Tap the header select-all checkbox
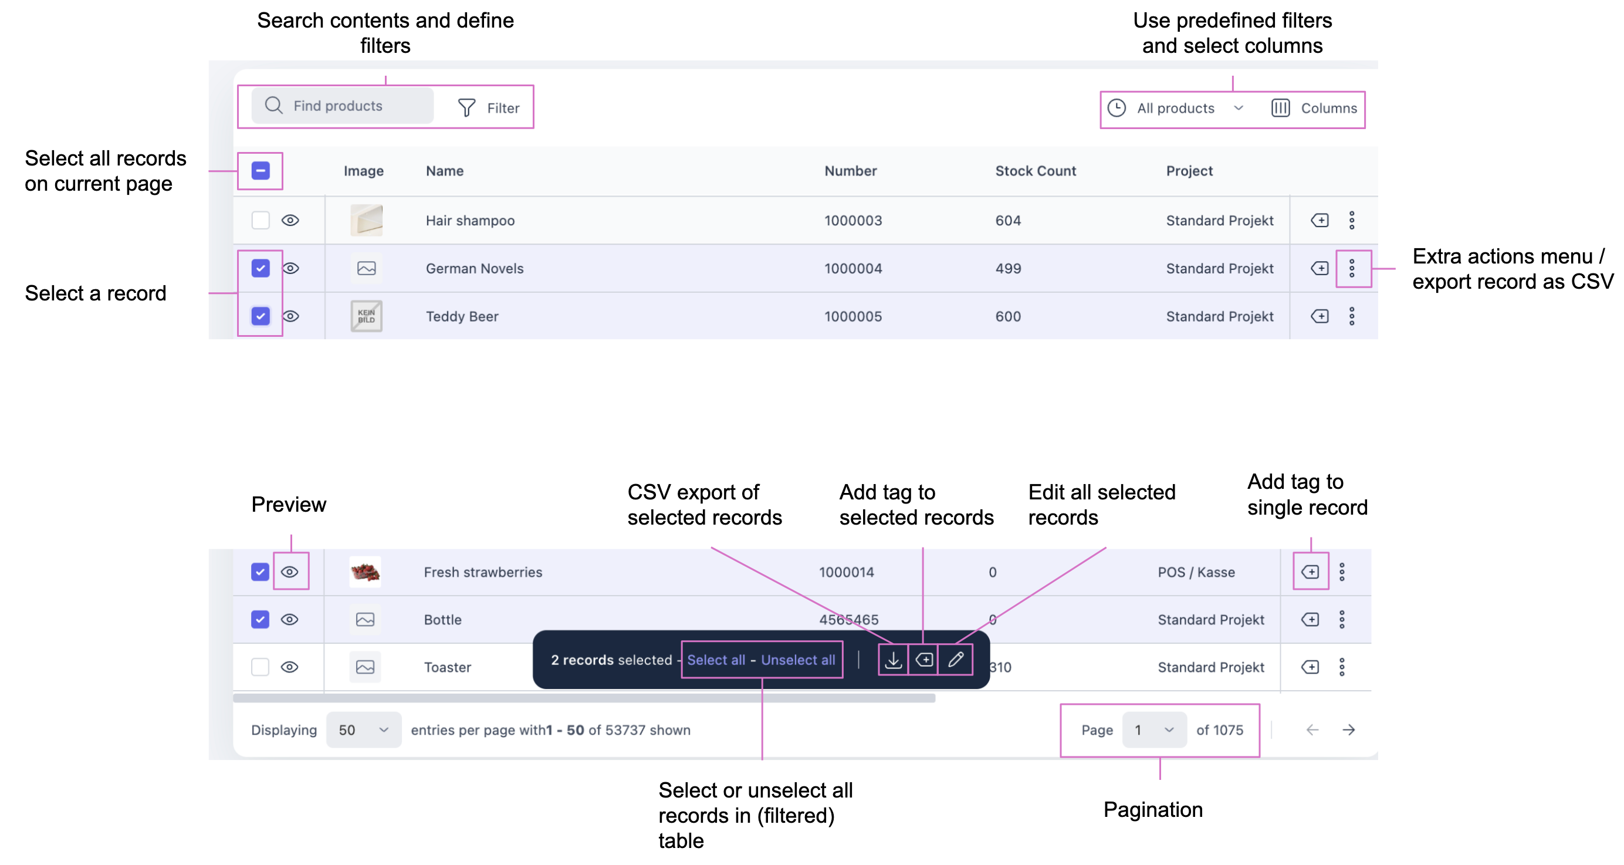260,171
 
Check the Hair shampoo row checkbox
260,220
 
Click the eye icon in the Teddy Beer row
290,316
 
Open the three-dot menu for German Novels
1352,269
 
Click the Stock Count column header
1035,171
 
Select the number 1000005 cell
853,316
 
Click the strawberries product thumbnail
365,572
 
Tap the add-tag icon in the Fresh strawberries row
1310,572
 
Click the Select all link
716,660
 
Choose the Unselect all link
797,660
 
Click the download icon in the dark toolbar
894,660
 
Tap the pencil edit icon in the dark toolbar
955,660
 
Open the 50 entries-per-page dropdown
363,730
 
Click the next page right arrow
1348,730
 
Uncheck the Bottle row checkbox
260,620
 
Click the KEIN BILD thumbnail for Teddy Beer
366,316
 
